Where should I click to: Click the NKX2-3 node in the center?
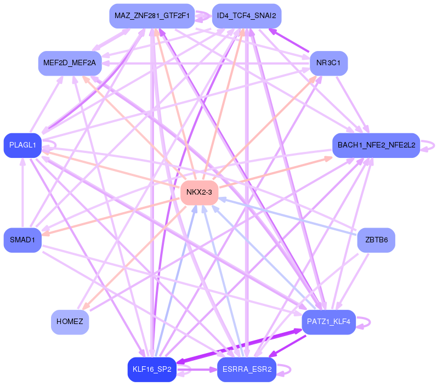tap(200, 192)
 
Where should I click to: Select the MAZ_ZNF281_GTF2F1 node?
tap(152, 15)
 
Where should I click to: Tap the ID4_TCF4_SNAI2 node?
tap(246, 15)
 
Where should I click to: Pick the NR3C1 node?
tap(328, 63)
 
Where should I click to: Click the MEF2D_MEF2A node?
tap(69, 63)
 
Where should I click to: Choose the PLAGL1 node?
tap(22, 145)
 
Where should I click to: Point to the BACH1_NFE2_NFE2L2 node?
tap(376, 145)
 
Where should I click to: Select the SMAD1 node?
tap(22, 240)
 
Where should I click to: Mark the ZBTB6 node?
tap(376, 240)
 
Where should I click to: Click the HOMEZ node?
tap(70, 321)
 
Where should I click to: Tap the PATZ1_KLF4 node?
tap(329, 321)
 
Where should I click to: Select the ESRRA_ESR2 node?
tap(246, 370)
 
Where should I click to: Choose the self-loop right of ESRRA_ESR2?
tap(287, 370)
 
